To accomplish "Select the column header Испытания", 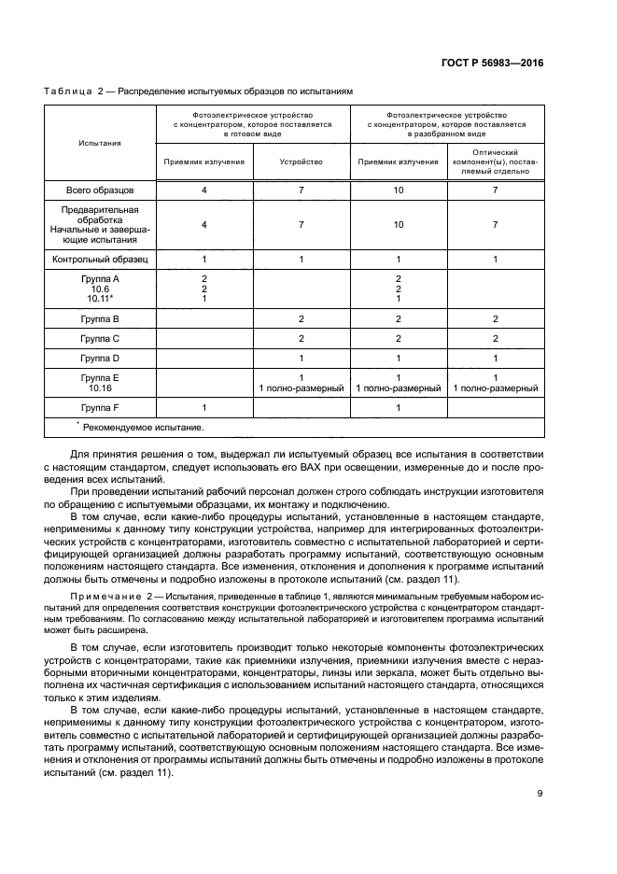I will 100,143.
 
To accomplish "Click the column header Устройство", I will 301,162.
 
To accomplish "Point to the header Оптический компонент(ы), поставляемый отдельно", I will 495,162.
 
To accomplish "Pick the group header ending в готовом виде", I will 252,123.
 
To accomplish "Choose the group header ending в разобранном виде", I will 445,123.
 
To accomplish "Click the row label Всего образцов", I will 100,190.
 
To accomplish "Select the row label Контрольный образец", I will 100,259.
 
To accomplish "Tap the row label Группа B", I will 100,318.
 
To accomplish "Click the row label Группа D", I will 100,358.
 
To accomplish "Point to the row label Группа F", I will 100,407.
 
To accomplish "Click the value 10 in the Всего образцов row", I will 398,190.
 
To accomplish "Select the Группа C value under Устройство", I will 301,338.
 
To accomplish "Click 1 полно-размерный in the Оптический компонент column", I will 495,388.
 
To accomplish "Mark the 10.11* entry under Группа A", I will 100,299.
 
